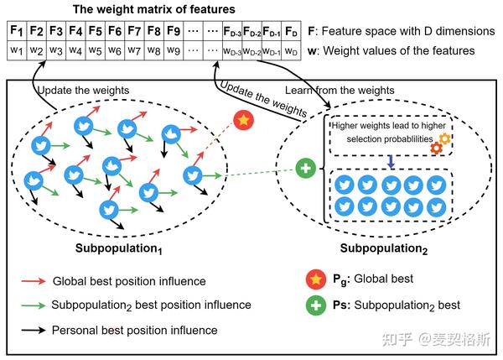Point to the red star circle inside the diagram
[242, 121]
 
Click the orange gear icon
[444, 138]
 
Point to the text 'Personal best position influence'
[134, 330]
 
